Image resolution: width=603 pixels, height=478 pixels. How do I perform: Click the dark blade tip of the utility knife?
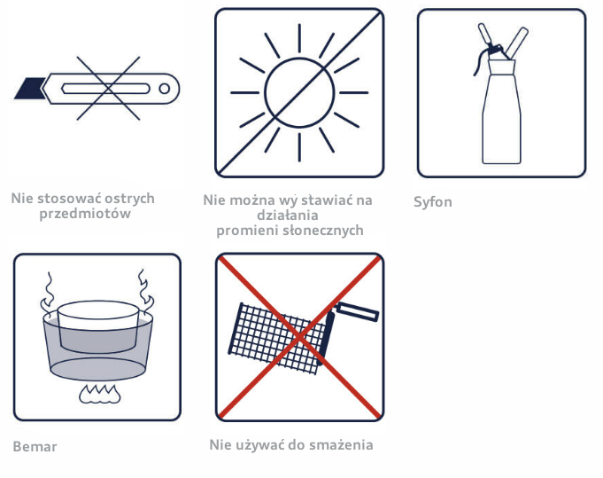[29, 89]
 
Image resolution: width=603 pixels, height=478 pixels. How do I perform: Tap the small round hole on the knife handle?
[164, 89]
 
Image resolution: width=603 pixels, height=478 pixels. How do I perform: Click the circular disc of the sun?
[299, 93]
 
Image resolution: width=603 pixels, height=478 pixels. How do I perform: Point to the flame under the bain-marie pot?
[100, 394]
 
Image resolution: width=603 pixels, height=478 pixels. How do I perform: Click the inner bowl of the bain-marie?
[98, 326]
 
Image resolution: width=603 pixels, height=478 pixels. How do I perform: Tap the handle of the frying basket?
[357, 311]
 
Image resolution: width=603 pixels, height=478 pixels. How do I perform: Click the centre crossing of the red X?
[299, 337]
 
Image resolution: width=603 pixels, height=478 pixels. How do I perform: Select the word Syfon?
[433, 202]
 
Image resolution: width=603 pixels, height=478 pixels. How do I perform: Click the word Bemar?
[35, 446]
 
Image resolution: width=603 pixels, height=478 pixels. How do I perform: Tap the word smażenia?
[341, 445]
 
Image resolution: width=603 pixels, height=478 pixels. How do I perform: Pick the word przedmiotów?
[85, 214]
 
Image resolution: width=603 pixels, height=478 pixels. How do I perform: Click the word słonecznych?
[323, 230]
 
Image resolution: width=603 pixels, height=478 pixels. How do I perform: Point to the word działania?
[288, 215]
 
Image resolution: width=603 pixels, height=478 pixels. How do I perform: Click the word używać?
[259, 445]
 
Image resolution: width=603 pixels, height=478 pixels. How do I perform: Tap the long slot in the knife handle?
[105, 89]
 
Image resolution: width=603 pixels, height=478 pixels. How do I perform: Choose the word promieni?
[247, 231]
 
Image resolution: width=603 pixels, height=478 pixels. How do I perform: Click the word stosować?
[69, 199]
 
